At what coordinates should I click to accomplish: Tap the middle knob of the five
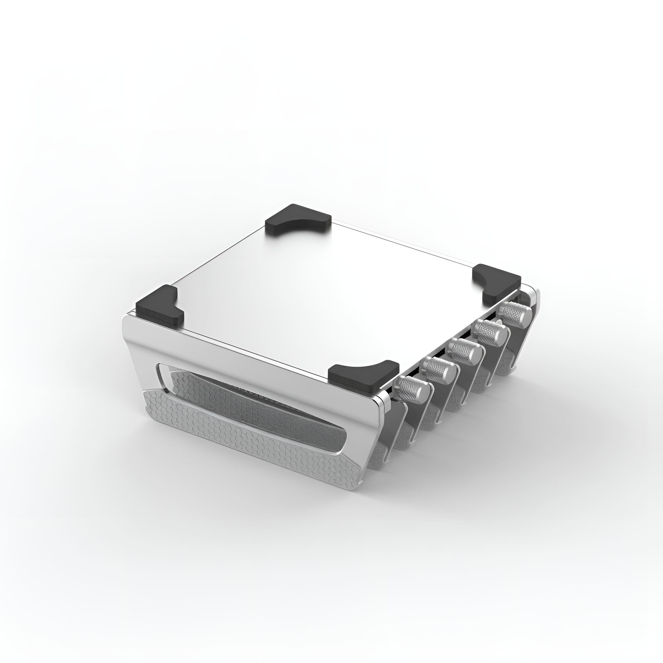coord(465,350)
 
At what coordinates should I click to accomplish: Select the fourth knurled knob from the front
coord(489,331)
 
